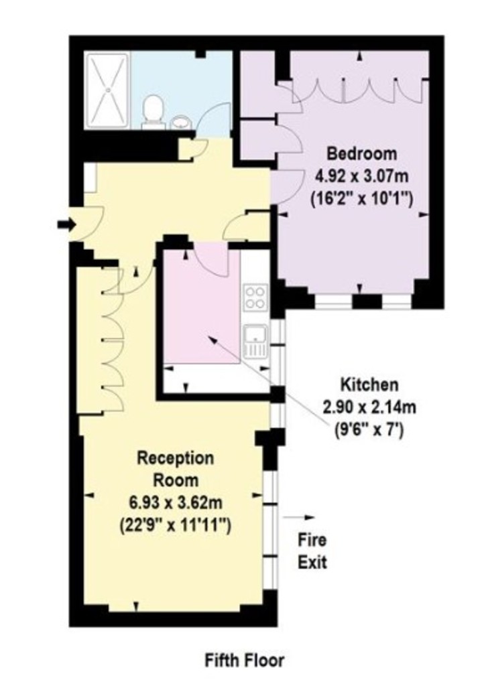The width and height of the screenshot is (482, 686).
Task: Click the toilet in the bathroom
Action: tap(154, 112)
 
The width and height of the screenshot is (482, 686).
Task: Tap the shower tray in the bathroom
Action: tap(107, 90)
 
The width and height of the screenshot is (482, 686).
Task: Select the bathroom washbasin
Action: tap(180, 122)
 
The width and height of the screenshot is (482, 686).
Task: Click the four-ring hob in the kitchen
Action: tap(255, 297)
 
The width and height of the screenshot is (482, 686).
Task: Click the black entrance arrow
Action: tap(66, 225)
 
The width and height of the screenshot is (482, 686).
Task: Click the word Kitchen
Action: tap(369, 385)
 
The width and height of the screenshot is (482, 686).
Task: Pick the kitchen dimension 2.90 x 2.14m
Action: tap(369, 408)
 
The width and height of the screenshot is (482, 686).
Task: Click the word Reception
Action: tap(176, 458)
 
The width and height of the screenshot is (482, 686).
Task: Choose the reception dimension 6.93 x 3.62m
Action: tap(175, 502)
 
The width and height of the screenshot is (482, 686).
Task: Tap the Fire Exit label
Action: tap(312, 551)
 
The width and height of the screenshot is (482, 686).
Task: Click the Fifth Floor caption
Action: tap(244, 660)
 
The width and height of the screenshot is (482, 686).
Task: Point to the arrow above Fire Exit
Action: tap(299, 518)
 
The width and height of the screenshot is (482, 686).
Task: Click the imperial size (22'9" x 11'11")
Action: tap(175, 524)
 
